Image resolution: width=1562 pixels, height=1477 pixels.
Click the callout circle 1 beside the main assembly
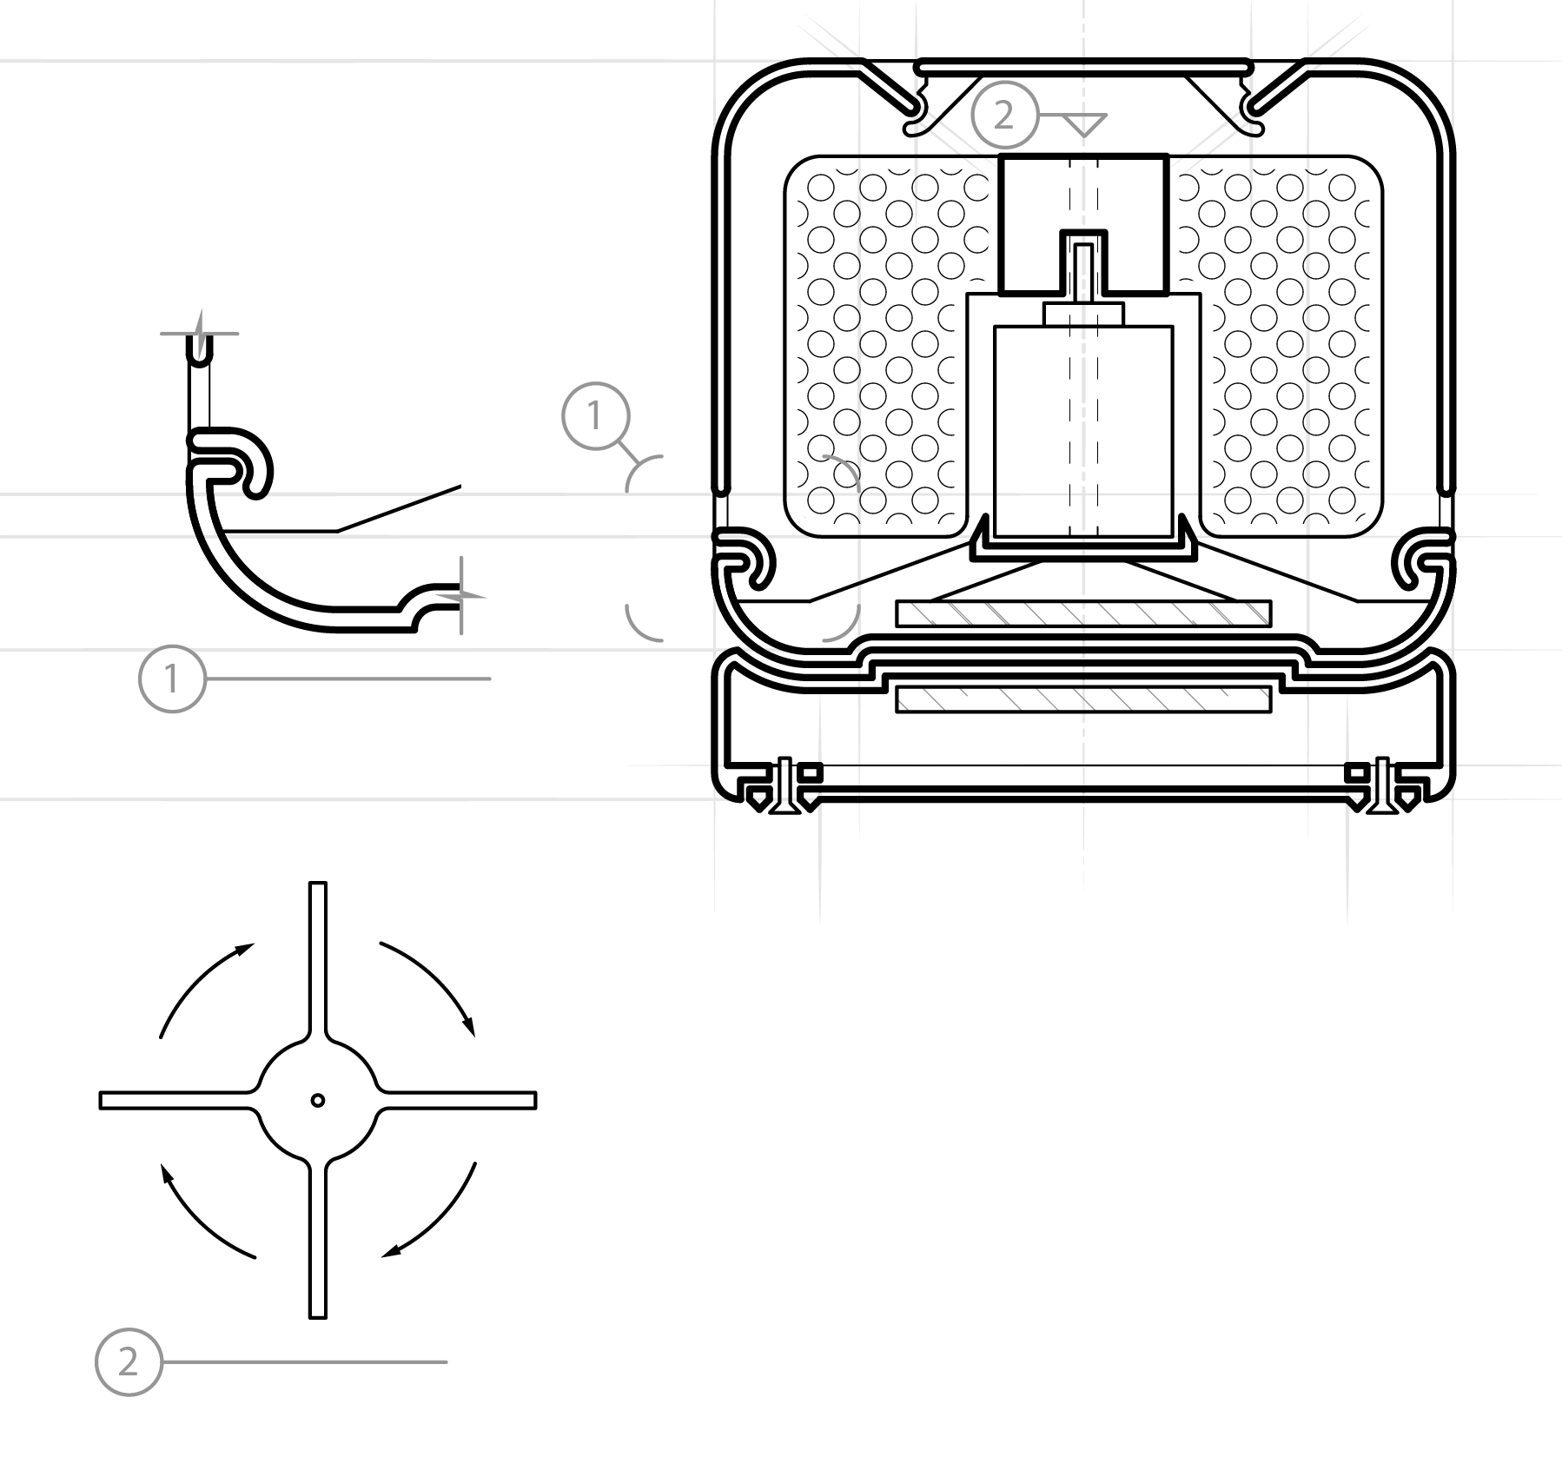tap(595, 416)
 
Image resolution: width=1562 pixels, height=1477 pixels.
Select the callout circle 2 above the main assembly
tap(1004, 115)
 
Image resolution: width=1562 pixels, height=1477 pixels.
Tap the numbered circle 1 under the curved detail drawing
tap(172, 679)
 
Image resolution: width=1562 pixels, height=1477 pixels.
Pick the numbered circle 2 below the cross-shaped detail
tap(129, 1361)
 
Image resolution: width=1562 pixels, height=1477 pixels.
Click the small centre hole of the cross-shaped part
tap(318, 1100)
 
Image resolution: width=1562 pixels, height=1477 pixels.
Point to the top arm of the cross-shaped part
tap(318, 960)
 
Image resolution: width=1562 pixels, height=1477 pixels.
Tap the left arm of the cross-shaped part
tap(178, 1100)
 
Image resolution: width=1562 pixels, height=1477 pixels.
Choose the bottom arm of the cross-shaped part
tap(318, 1240)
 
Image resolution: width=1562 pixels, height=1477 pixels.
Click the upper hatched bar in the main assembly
tap(1083, 613)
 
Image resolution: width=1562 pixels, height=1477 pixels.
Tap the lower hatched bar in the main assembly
tap(1083, 699)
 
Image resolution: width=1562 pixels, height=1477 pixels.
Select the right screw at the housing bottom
tap(1382, 786)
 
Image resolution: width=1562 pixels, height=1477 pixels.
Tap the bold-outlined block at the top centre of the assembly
tap(1083, 224)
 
